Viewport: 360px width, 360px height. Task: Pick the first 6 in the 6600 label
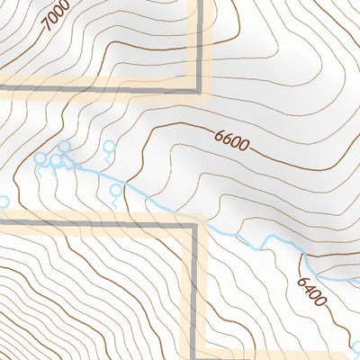[x=219, y=135]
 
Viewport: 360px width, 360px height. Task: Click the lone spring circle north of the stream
[x=110, y=146]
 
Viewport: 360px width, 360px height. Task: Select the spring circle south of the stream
[x=114, y=191]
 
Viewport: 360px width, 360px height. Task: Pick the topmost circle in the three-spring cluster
[x=64, y=146]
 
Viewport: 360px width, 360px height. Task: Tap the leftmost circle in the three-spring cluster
[x=40, y=158]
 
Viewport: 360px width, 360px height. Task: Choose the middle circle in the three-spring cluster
[x=55, y=160]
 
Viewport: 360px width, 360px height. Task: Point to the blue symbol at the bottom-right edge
[x=356, y=346]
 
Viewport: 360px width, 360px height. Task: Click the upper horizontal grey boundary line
[x=99, y=87]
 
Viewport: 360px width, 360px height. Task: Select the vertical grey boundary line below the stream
[x=193, y=288]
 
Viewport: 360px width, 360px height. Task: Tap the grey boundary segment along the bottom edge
[x=270, y=353]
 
